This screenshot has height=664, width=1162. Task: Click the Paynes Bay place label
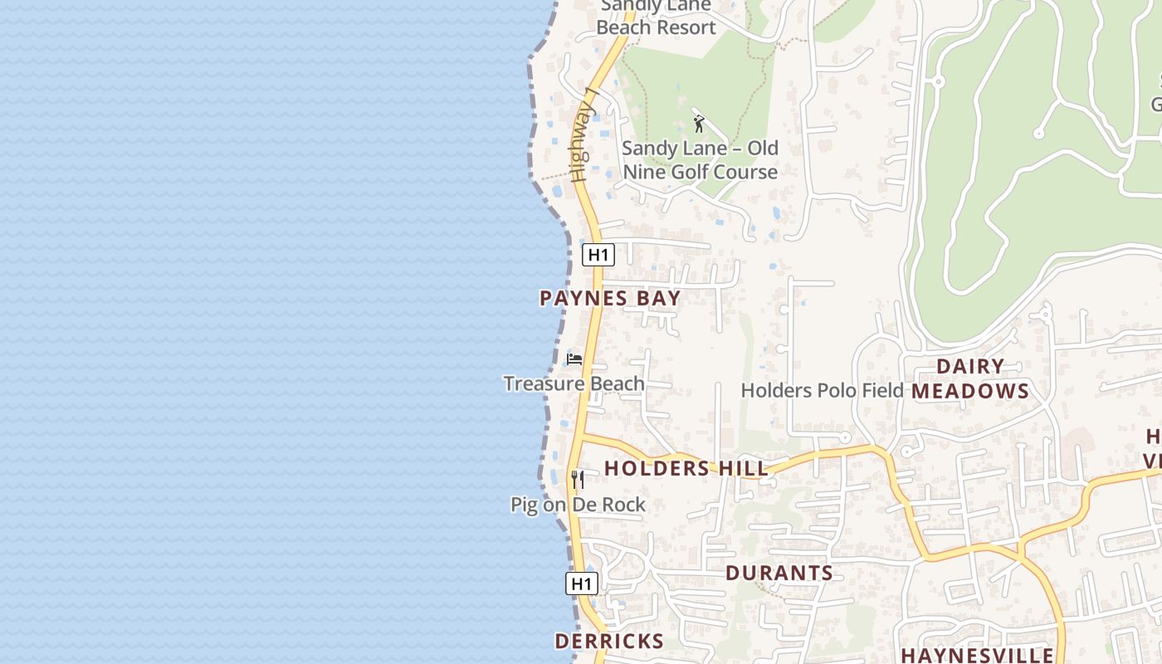[610, 299]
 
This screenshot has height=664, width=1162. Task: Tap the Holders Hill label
[686, 468]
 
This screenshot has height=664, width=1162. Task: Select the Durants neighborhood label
[779, 573]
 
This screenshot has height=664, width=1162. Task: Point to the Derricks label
[609, 641]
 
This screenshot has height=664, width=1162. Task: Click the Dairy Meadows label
[970, 378]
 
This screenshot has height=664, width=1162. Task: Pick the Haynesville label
[977, 655]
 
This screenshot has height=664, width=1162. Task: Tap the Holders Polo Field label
[822, 390]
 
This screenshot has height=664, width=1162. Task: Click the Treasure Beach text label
[574, 383]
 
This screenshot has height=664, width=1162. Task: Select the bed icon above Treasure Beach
[574, 359]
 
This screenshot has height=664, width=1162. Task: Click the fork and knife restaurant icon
[578, 479]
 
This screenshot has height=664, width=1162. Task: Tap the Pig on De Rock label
[578, 505]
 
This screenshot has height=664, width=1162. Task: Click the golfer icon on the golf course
[699, 124]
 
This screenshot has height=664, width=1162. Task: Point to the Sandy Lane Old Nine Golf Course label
[701, 160]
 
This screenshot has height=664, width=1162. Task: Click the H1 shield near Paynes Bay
[598, 255]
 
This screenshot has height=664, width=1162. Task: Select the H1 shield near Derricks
[582, 583]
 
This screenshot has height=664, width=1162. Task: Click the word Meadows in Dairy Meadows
[970, 391]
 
